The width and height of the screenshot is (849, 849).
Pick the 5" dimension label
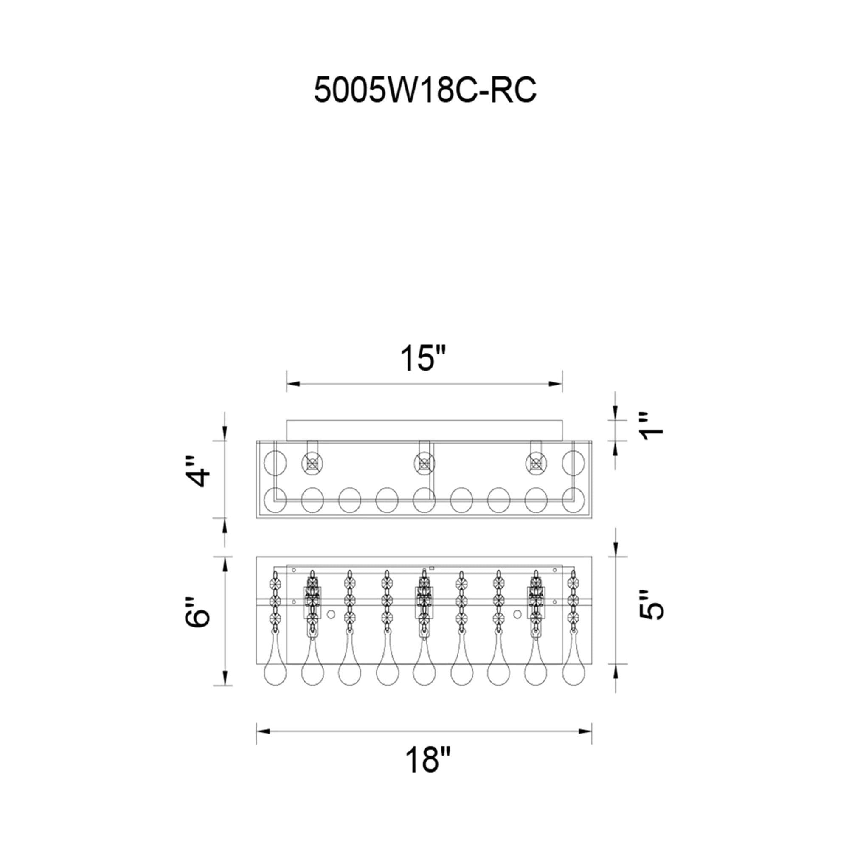tap(651, 604)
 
